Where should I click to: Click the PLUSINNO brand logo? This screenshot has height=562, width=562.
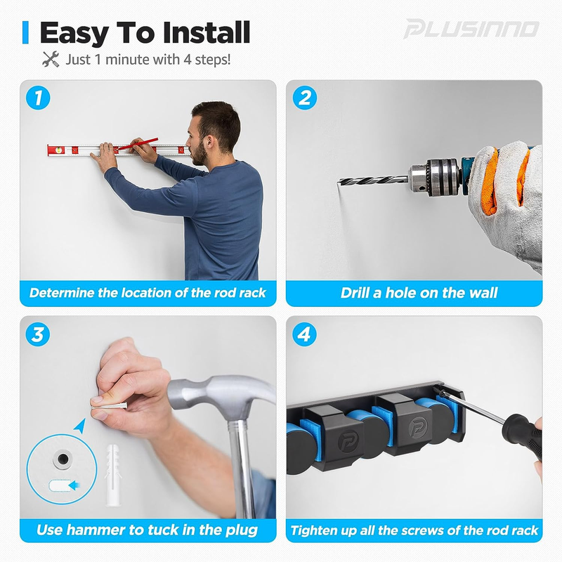[x=471, y=30]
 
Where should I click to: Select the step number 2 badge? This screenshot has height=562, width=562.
[x=304, y=98]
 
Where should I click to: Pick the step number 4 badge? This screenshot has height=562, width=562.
[x=304, y=335]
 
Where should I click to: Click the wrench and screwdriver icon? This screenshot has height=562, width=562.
[x=51, y=59]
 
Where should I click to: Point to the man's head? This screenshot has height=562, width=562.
[x=214, y=130]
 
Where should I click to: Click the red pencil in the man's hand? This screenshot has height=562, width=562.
[x=138, y=145]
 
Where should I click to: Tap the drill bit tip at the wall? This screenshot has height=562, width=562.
[x=341, y=181]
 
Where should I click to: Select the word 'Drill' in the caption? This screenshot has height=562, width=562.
[x=360, y=293]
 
